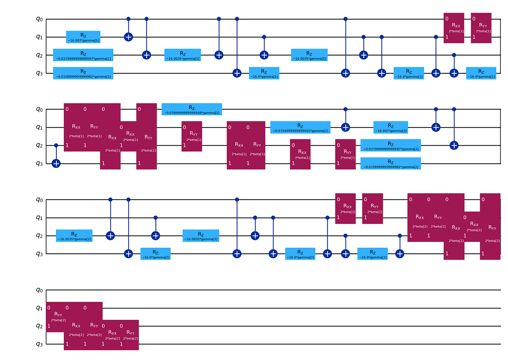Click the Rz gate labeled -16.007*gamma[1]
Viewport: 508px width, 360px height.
[83, 37]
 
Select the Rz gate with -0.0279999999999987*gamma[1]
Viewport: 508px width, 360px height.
[83, 55]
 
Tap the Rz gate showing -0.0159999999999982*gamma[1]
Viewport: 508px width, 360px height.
[83, 73]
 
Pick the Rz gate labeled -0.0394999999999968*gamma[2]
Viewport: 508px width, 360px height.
[192, 109]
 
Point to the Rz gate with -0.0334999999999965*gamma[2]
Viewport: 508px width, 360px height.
[300, 127]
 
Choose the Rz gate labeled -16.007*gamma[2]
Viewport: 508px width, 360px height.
[390, 127]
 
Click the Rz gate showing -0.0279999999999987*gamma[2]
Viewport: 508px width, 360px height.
[390, 145]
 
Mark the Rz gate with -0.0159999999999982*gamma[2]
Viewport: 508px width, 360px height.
[390, 163]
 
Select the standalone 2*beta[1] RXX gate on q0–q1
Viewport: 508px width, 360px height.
[454, 28]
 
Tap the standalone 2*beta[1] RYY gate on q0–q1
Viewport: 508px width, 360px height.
[481, 28]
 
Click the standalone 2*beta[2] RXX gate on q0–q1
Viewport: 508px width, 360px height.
[345, 208]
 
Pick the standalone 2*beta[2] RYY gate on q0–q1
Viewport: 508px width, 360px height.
[373, 208]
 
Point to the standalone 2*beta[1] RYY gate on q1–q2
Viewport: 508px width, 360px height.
[192, 136]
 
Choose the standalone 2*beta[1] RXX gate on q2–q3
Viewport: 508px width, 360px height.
[300, 154]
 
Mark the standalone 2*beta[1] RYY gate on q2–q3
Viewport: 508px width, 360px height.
[345, 154]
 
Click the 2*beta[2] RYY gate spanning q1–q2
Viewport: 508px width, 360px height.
[56, 317]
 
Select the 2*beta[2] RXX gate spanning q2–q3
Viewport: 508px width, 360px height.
[112, 335]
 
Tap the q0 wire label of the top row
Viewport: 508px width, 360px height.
[39, 19]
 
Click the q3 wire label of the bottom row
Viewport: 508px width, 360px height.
[39, 344]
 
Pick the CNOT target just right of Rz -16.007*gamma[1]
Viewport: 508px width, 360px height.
[128, 37]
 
